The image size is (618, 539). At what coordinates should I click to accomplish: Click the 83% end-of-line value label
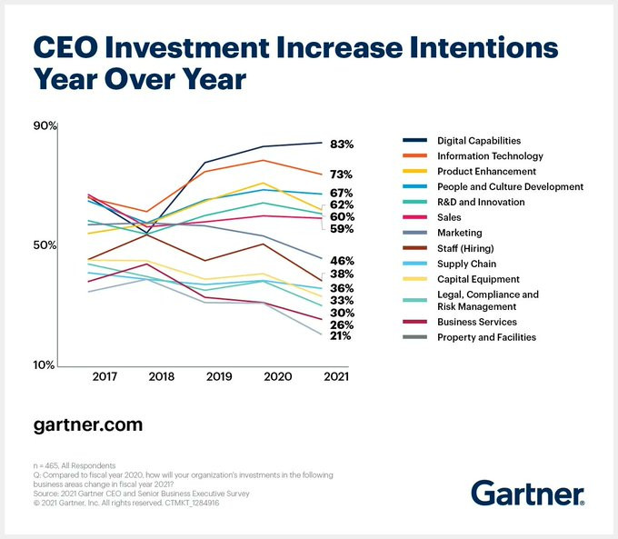[x=341, y=145]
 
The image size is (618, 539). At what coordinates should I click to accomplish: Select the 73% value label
[x=341, y=175]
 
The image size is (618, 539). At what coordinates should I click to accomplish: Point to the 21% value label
[x=341, y=336]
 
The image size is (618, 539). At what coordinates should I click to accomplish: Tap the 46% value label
[x=341, y=261]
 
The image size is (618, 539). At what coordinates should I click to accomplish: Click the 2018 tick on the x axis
[x=161, y=376]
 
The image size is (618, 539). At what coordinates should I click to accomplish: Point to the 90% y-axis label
[x=45, y=126]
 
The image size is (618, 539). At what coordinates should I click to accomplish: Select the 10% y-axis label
[x=45, y=365]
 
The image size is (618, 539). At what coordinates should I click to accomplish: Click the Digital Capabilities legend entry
[x=478, y=141]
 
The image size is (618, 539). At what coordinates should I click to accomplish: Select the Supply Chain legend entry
[x=465, y=264]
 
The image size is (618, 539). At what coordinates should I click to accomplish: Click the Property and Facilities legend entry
[x=486, y=337]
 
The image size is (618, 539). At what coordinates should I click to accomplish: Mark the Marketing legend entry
[x=459, y=233]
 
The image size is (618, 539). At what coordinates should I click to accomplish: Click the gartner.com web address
[x=87, y=424]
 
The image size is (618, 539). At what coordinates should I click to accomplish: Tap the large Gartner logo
[x=527, y=494]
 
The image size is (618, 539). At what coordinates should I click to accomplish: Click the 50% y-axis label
[x=45, y=245]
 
